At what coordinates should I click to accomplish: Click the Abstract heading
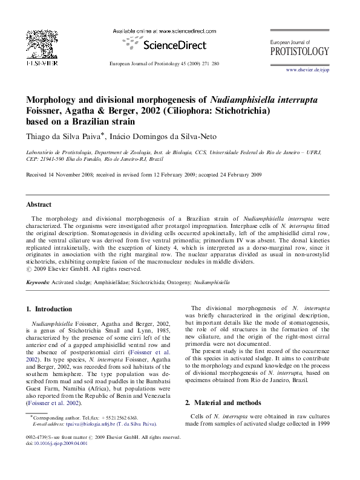click(38, 205)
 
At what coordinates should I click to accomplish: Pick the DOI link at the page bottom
click(60, 443)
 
